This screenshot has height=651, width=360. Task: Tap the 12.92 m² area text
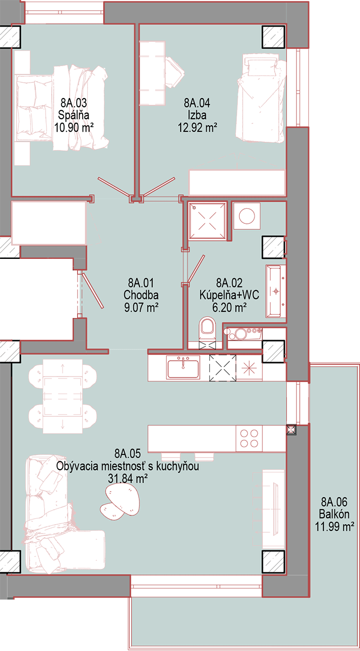[198, 128]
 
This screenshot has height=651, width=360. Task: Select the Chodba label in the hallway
[141, 295]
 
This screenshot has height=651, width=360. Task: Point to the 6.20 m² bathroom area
[229, 307]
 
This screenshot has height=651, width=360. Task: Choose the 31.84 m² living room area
[128, 478]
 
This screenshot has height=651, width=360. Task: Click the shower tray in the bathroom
[207, 220]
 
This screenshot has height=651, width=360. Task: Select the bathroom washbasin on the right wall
[275, 291]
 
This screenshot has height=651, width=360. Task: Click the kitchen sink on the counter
[183, 368]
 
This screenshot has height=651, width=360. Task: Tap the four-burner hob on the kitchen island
[249, 439]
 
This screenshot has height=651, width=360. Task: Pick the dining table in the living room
[63, 396]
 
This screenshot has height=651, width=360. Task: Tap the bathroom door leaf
[196, 269]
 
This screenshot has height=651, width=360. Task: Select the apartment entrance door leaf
[93, 290]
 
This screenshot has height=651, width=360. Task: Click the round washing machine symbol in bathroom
[247, 216]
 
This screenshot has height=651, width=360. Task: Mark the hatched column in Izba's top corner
[274, 37]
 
